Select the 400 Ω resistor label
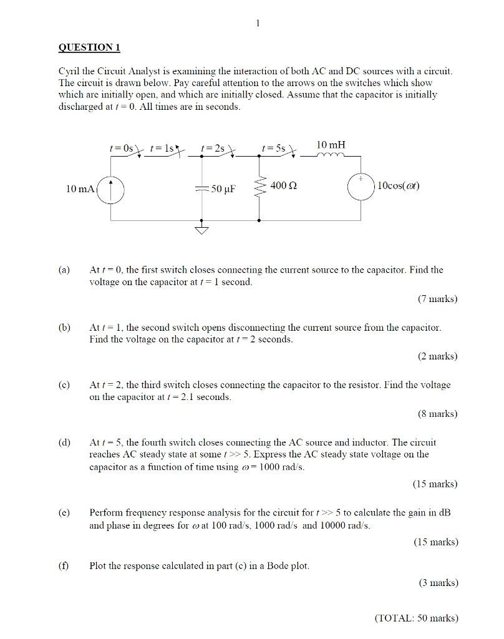283,186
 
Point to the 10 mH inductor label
331,145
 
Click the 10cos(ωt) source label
399,186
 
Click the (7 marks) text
437,299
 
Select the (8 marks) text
437,414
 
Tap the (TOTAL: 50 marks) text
417,618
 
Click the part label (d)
64,442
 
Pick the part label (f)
63,566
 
